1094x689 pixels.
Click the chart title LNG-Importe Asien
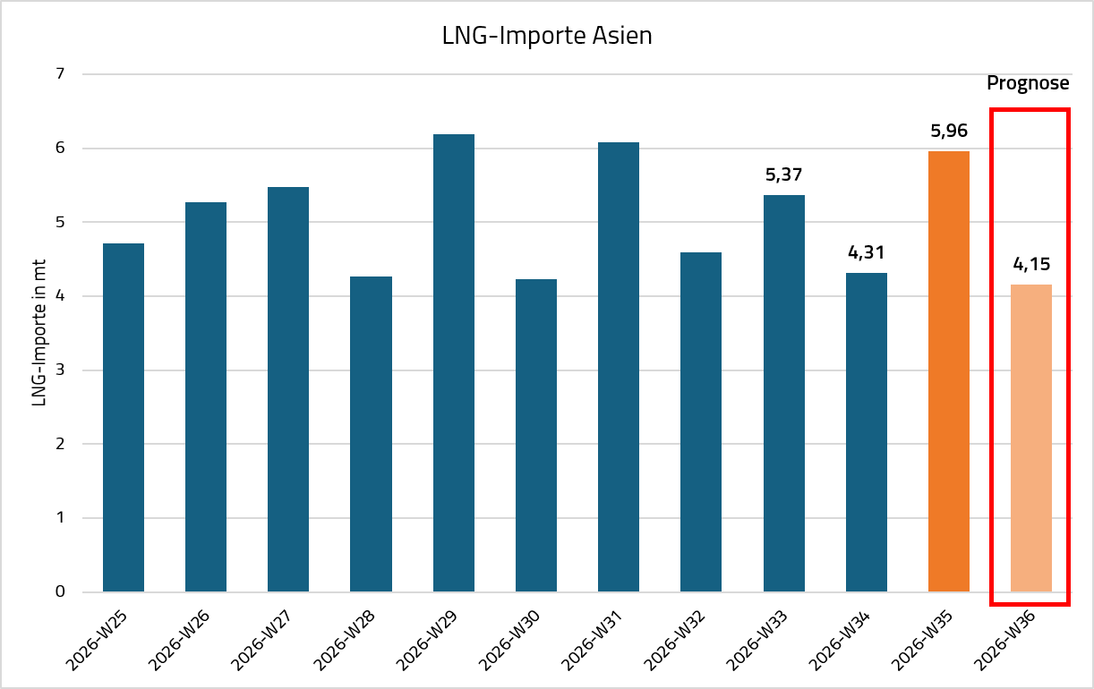coord(547,36)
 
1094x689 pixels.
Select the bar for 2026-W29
coord(454,362)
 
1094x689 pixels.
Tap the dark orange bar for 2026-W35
coord(949,371)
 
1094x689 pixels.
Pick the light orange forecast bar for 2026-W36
coord(1031,438)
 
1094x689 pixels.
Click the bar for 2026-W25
coord(124,418)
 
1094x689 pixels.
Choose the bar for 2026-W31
coord(619,367)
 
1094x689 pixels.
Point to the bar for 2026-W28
coord(372,434)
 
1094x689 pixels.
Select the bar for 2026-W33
coord(784,394)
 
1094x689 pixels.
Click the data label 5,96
coord(949,131)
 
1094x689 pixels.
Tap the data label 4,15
coord(1031,264)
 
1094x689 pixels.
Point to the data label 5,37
coord(784,174)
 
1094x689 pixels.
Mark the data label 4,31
coord(867,252)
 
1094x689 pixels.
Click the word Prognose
coord(1028,83)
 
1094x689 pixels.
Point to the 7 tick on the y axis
coord(60,73)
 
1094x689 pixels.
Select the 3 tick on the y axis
coord(60,370)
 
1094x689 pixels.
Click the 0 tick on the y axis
coord(60,591)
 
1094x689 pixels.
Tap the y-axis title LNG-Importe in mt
coord(38,333)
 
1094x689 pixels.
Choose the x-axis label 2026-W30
coord(509,641)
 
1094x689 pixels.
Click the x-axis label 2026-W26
coord(179,641)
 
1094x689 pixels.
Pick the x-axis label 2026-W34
coord(840,641)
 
